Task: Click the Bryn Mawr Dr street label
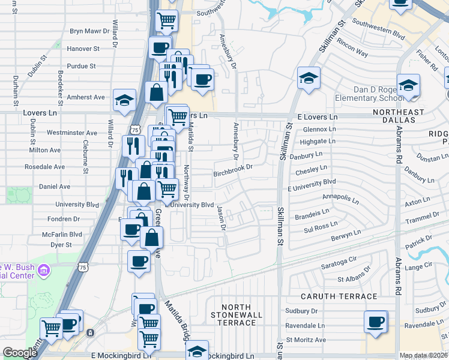pos(90,30)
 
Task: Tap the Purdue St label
pos(83,66)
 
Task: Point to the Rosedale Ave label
pos(44,166)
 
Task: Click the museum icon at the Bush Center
pos(43,272)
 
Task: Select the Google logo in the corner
pos(20,353)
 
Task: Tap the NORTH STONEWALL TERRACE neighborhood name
pos(237,315)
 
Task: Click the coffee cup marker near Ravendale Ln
pos(376,322)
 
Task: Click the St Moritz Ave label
pos(306,340)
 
